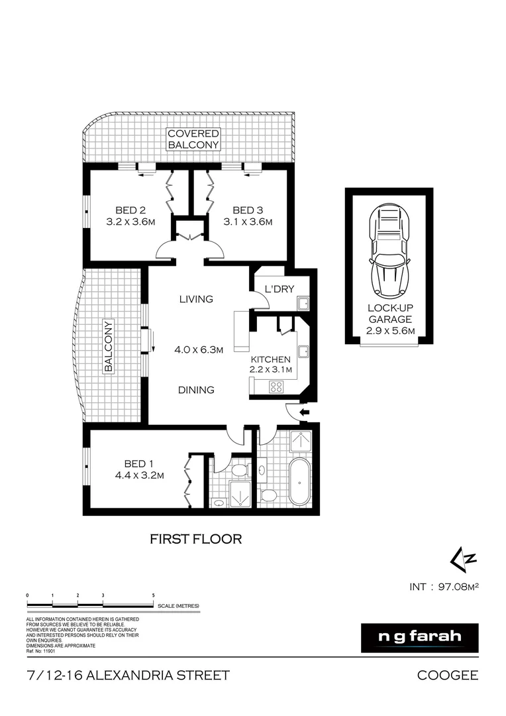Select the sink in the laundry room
tap(303, 304)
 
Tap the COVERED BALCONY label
tap(193, 139)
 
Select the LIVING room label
tap(196, 299)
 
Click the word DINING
tap(196, 390)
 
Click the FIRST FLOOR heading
tap(195, 538)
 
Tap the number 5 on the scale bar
tap(154, 596)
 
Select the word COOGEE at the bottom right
tap(447, 676)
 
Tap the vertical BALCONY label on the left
tap(107, 345)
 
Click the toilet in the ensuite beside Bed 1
tap(238, 470)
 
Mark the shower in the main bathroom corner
tap(302, 442)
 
